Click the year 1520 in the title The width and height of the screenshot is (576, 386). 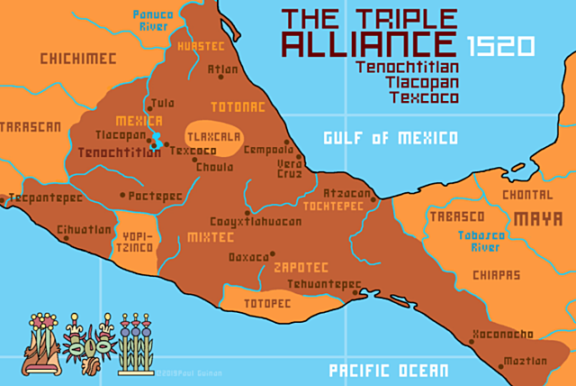pyautogui.click(x=501, y=45)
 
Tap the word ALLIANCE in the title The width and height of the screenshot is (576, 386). pyautogui.click(x=372, y=45)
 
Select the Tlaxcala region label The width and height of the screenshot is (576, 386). pyautogui.click(x=213, y=137)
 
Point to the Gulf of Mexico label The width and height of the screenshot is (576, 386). pyautogui.click(x=391, y=138)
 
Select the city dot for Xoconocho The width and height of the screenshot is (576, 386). pyautogui.click(x=472, y=342)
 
